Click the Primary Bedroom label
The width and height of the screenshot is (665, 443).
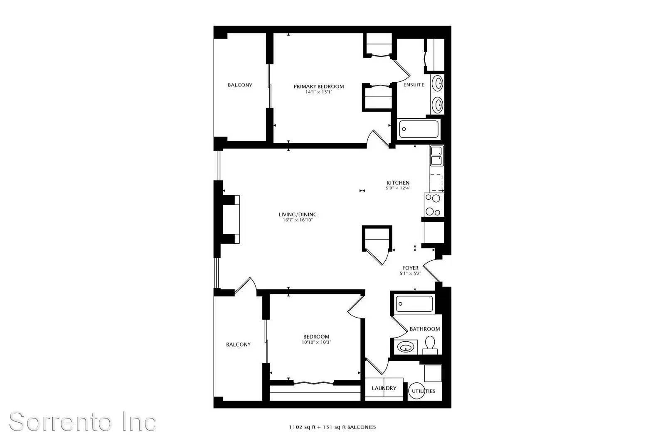tap(318, 86)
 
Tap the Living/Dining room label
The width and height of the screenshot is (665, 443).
tap(298, 214)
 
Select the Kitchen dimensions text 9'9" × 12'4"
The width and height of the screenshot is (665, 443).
tap(398, 188)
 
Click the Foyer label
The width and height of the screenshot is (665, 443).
tap(410, 268)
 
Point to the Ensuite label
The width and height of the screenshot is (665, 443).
tap(414, 85)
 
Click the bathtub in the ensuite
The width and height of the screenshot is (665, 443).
tap(419, 129)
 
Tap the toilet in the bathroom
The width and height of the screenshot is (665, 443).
tap(430, 345)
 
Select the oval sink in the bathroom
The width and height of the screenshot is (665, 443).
tap(406, 347)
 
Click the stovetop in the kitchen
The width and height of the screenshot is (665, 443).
tap(434, 205)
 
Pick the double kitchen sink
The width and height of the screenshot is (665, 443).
tap(437, 156)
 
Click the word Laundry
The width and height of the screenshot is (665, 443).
tap(384, 388)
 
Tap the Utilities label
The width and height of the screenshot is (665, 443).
tap(424, 391)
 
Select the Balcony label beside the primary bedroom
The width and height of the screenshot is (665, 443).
tap(240, 85)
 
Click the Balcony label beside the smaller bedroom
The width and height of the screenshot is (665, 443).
tap(238, 345)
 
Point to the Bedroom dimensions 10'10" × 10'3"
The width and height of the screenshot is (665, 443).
tap(316, 342)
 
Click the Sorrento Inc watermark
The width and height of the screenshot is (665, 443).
tap(83, 421)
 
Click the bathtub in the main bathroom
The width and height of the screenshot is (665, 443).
tap(414, 303)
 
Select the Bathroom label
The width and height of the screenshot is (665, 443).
tap(424, 329)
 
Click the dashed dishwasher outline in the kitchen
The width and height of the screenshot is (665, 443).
tap(436, 182)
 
